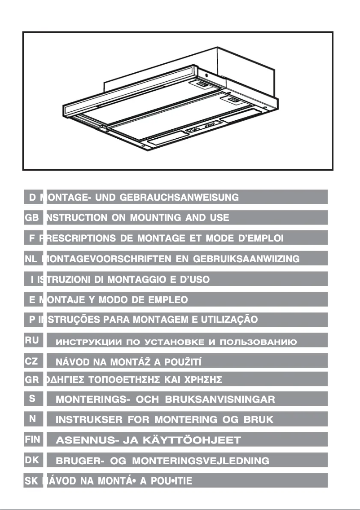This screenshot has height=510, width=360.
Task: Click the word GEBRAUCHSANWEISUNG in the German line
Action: [182, 197]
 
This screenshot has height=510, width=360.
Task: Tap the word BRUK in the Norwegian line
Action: [255, 420]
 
